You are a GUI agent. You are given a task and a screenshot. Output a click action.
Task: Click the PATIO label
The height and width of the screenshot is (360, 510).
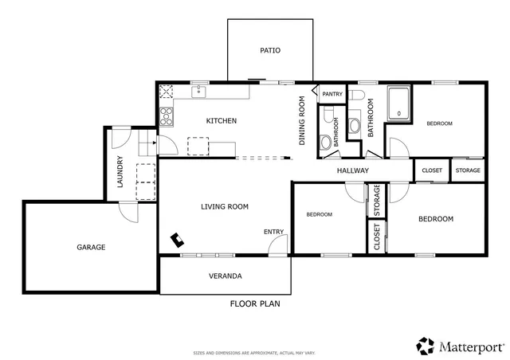[270, 50]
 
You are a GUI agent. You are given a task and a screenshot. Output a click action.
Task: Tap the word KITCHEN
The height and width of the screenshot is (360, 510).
[221, 121]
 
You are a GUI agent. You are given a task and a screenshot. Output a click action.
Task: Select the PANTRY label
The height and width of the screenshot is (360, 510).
[332, 94]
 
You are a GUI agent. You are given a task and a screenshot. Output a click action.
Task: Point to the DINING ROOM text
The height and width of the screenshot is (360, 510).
[302, 121]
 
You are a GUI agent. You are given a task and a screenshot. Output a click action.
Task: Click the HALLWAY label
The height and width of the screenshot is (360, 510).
[352, 170]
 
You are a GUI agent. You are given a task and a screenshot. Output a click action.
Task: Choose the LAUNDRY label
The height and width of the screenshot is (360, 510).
[120, 171]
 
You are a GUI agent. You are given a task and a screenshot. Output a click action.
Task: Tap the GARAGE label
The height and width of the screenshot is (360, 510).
[91, 247]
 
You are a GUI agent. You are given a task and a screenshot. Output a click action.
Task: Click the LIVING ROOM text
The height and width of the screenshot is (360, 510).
[224, 207]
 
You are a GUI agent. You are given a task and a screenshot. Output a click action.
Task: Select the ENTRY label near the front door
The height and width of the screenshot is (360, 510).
[273, 232]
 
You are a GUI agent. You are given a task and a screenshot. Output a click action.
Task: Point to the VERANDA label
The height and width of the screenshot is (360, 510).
[226, 276]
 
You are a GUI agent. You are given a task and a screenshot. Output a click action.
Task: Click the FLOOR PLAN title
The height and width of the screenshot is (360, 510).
[255, 303]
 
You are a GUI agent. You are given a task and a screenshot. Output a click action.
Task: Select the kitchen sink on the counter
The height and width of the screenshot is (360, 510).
[198, 92]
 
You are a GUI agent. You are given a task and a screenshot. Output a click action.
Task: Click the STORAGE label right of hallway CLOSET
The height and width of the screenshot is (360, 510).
[468, 170]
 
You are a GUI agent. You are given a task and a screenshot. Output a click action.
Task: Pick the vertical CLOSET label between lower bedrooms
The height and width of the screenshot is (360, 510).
[377, 237]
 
